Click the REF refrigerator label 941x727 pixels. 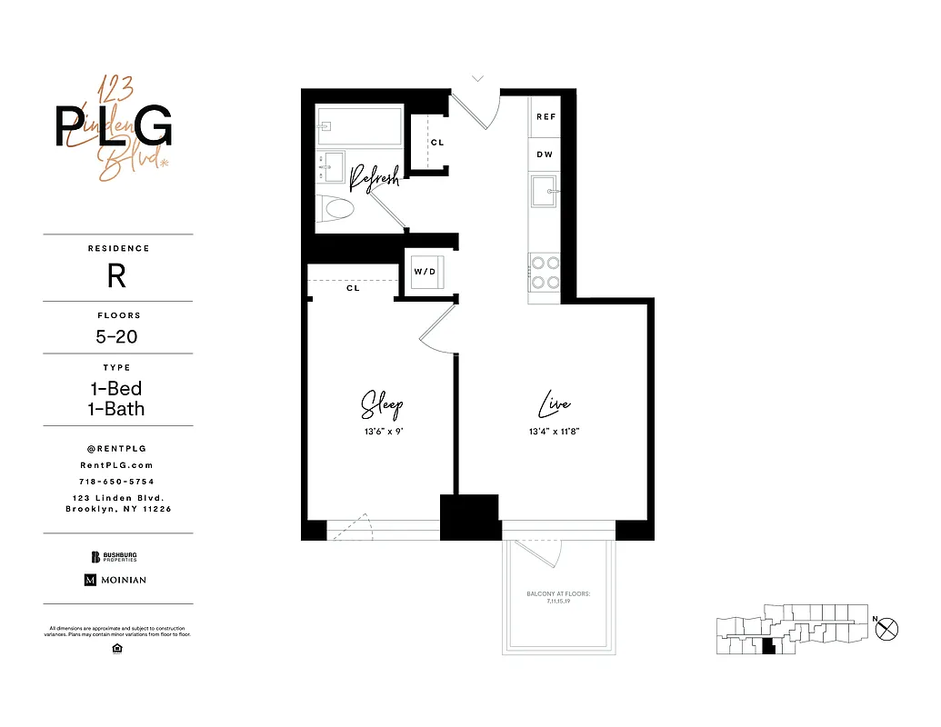coord(546,117)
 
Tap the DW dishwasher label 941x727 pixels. coord(545,154)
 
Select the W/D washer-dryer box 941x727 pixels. coord(425,272)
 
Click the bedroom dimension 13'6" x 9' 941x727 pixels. coord(381,433)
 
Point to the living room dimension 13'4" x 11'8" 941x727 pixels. coord(554,433)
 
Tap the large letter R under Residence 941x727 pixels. coord(117,276)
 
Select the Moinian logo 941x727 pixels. coord(115,580)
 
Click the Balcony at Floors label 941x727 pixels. coord(558,597)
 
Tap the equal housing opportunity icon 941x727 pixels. coord(117,648)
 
